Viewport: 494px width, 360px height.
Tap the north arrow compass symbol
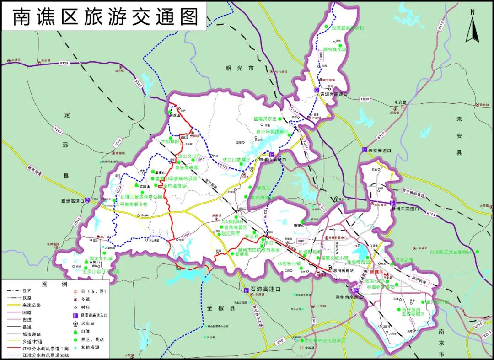click(x=473, y=26)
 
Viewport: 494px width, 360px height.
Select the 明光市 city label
click(x=239, y=68)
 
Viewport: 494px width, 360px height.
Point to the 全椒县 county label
click(x=220, y=308)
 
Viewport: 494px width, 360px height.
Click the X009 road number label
click(x=365, y=99)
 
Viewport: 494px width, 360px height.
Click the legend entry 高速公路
click(x=32, y=305)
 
